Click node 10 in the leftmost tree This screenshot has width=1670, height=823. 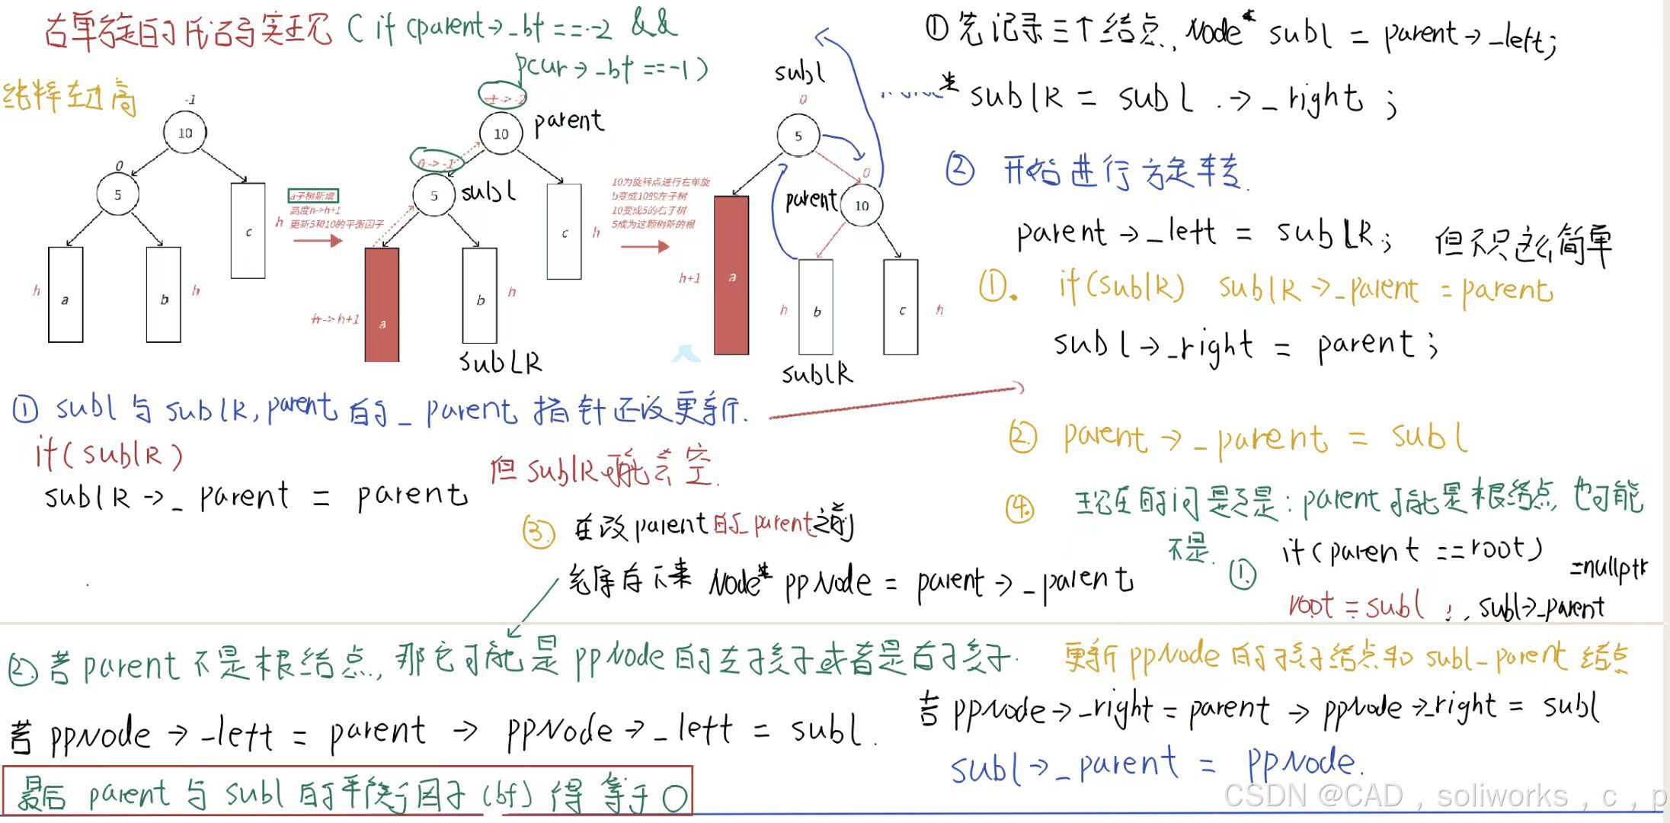coord(185,133)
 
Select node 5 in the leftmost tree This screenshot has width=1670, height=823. coord(117,194)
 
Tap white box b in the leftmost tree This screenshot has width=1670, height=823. coord(164,295)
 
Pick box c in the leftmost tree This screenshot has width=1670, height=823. coord(248,230)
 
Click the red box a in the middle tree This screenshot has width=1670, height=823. coord(382,304)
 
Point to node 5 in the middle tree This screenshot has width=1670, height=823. coord(433,195)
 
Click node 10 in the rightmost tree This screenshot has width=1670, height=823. coord(862,205)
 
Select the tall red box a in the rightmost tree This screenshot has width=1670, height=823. coord(731,275)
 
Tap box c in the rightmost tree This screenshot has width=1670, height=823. coord(901,307)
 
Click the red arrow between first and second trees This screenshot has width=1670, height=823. coord(317,242)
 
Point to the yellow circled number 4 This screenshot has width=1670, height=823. coord(1020,508)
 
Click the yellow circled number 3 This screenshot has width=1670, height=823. coord(538,531)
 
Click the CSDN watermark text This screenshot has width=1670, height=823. coord(1440,796)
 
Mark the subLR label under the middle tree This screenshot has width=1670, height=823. coord(501,362)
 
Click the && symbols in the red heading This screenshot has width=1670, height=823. coord(654,24)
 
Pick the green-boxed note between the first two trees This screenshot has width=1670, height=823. coord(313,196)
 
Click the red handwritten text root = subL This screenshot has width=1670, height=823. coord(1355,606)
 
